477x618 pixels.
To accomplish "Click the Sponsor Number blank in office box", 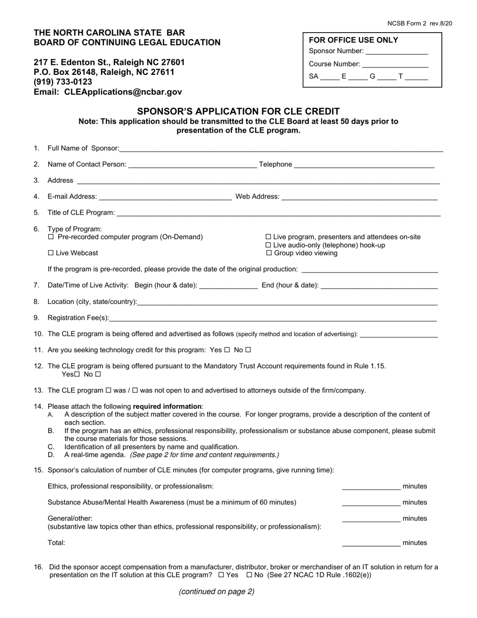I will [x=397, y=52].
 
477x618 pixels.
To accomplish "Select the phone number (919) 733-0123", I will [x=63, y=82].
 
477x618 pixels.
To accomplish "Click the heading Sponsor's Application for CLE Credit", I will [x=238, y=112].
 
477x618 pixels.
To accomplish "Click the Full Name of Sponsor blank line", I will [x=281, y=149].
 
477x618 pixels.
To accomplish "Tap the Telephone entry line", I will [x=364, y=165].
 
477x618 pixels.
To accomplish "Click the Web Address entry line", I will [x=360, y=197].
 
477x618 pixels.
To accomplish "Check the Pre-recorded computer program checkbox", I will [x=50, y=237].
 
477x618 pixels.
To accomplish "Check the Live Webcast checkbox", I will [x=50, y=253].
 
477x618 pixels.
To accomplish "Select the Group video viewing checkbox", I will [x=268, y=253].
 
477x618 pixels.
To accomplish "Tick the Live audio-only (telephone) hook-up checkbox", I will [x=268, y=245].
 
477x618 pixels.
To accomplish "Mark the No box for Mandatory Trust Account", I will [x=98, y=374].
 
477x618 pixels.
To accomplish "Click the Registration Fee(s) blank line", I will [x=273, y=319].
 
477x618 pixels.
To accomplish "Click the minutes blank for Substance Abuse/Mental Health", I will [x=371, y=503].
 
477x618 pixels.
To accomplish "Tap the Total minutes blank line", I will [x=371, y=544].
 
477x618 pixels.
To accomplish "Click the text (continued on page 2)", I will [x=216, y=592].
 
